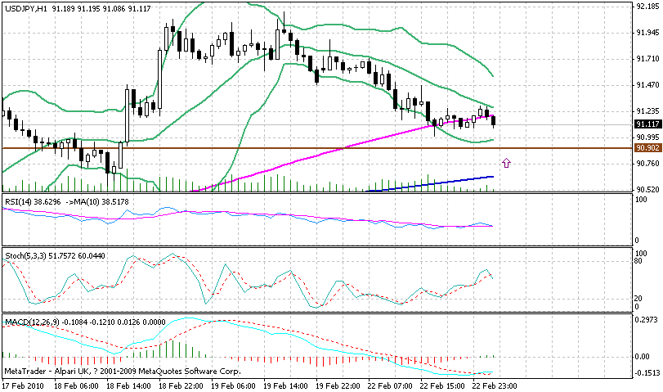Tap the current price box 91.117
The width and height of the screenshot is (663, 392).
coord(646,124)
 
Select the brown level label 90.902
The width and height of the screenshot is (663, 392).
coord(646,148)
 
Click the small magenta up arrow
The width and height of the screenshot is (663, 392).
coord(507,164)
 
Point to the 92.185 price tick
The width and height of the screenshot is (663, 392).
coord(647,7)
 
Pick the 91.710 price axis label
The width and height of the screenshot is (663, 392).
coord(647,59)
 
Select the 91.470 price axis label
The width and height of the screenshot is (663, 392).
coord(647,85)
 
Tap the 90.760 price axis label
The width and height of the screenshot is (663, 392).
coord(647,164)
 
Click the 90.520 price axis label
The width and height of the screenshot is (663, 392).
coord(647,189)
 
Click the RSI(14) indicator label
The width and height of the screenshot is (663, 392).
coord(20,200)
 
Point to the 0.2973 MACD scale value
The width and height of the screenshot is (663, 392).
coord(646,321)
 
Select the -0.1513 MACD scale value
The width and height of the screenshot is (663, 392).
coord(646,373)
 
